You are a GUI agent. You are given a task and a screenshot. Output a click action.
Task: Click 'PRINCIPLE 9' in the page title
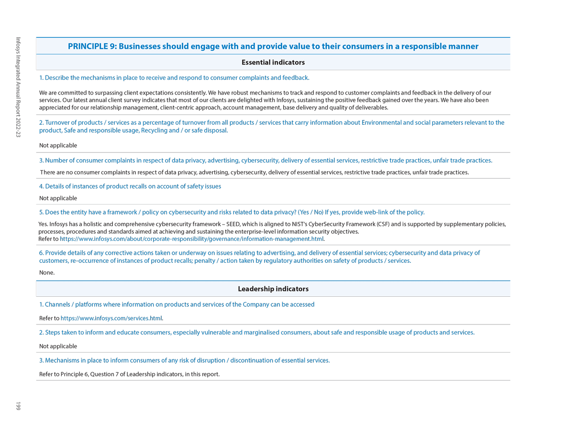pyautogui.click(x=91, y=46)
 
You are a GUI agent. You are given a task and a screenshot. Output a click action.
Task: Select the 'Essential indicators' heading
pyautogui.click(x=273, y=63)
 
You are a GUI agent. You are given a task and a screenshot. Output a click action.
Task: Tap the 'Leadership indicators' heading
pyautogui.click(x=273, y=289)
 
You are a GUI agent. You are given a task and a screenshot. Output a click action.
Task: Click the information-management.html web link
pyautogui.click(x=192, y=239)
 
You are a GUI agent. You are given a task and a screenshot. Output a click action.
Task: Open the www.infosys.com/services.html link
pyautogui.click(x=111, y=318)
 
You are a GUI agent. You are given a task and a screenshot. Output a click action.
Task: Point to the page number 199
pyautogui.click(x=18, y=406)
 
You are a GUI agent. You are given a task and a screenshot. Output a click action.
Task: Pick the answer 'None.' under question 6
pyautogui.click(x=47, y=273)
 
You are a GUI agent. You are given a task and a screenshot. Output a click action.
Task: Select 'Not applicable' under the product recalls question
pyautogui.click(x=58, y=198)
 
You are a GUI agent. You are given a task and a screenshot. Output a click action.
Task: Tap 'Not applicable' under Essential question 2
pyautogui.click(x=58, y=146)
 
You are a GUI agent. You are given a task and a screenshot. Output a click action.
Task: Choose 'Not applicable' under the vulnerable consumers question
pyautogui.click(x=58, y=346)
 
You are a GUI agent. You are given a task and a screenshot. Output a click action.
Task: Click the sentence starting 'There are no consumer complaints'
pyautogui.click(x=254, y=173)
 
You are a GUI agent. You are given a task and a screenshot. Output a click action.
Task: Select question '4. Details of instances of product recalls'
pyautogui.click(x=130, y=186)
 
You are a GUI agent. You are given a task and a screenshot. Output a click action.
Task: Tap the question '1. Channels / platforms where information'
pyautogui.click(x=177, y=304)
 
